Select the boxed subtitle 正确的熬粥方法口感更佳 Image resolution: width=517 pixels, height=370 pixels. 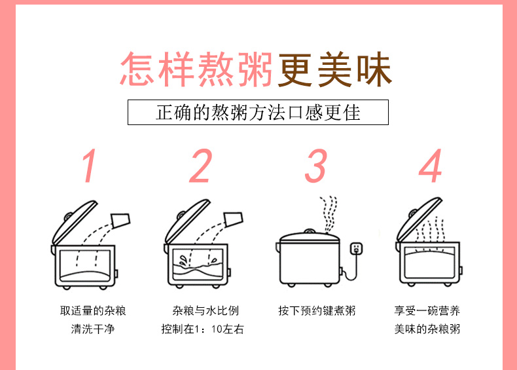(x=258, y=112)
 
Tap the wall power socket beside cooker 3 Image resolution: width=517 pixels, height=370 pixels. (x=356, y=249)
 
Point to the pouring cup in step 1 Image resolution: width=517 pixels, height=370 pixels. (x=121, y=220)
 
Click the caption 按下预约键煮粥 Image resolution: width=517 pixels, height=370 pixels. (x=317, y=310)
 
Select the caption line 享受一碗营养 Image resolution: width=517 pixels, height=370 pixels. (x=427, y=310)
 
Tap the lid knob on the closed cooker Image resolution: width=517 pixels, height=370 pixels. (x=308, y=231)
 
